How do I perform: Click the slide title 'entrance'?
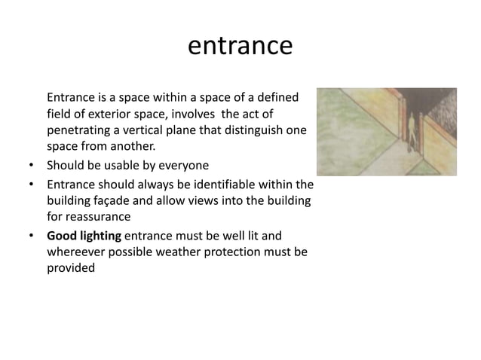[x=240, y=47]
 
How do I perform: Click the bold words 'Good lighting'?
[x=84, y=235]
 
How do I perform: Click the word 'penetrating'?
[x=79, y=130]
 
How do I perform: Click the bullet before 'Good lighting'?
[x=31, y=235]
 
